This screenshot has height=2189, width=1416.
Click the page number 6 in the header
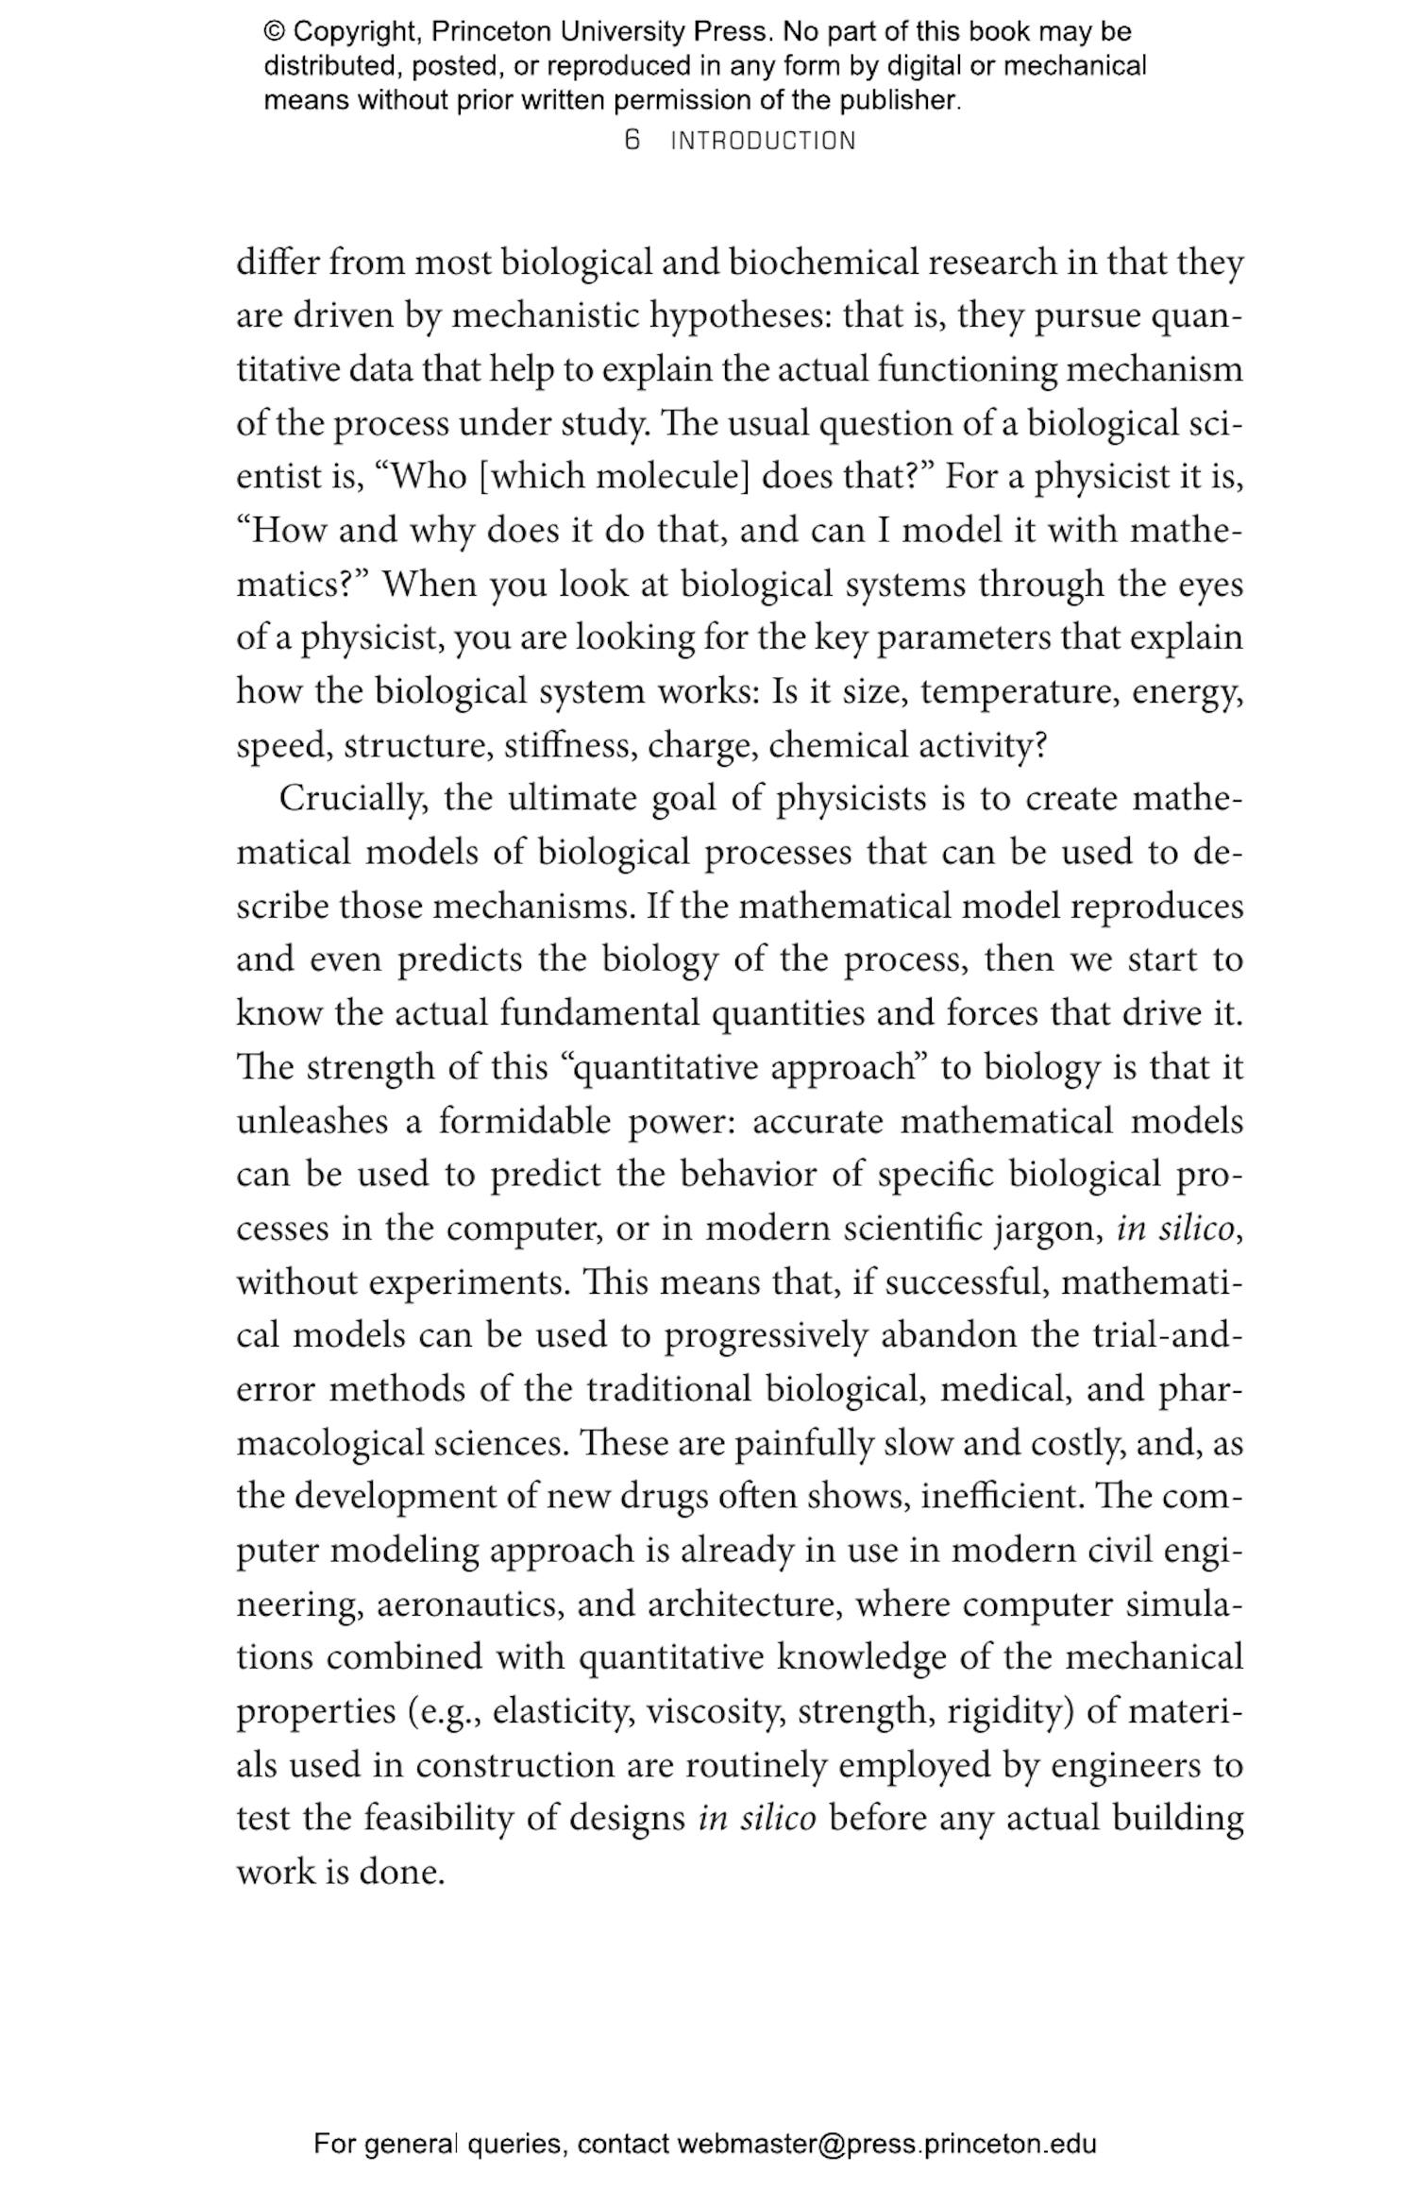[632, 141]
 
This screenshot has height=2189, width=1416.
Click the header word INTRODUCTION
[763, 142]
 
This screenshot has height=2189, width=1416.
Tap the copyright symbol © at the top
[274, 32]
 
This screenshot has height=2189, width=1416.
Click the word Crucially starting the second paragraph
[353, 799]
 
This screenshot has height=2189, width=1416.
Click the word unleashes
[312, 1122]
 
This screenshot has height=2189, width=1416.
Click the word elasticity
[563, 1712]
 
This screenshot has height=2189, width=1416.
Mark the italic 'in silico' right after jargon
[1175, 1230]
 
